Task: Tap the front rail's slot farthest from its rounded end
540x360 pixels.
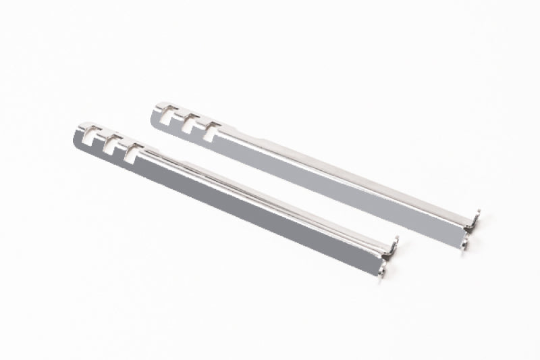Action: coord(130,151)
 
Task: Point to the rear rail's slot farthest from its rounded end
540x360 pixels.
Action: coord(209,130)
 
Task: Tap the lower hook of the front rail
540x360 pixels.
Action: coord(384,269)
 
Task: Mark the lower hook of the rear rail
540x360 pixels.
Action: coord(466,241)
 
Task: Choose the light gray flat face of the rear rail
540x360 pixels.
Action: coord(337,182)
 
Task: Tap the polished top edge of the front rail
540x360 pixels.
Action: coord(270,193)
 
